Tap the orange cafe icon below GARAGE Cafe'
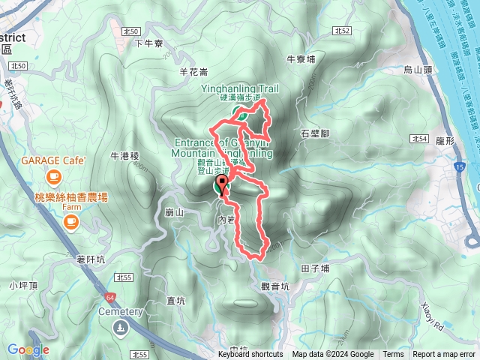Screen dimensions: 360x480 [53, 177]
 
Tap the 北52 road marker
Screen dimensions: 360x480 [342, 31]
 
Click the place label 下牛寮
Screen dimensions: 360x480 [148, 44]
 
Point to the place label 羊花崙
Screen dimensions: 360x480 [192, 72]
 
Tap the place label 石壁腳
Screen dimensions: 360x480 [315, 133]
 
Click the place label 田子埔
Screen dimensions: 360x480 [315, 268]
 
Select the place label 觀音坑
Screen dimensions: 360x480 [275, 286]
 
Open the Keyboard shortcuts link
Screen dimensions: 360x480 [250, 355]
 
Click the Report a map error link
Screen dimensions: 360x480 [445, 355]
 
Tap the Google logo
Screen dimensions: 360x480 [28, 349]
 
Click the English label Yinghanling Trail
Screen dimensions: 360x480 [240, 88]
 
